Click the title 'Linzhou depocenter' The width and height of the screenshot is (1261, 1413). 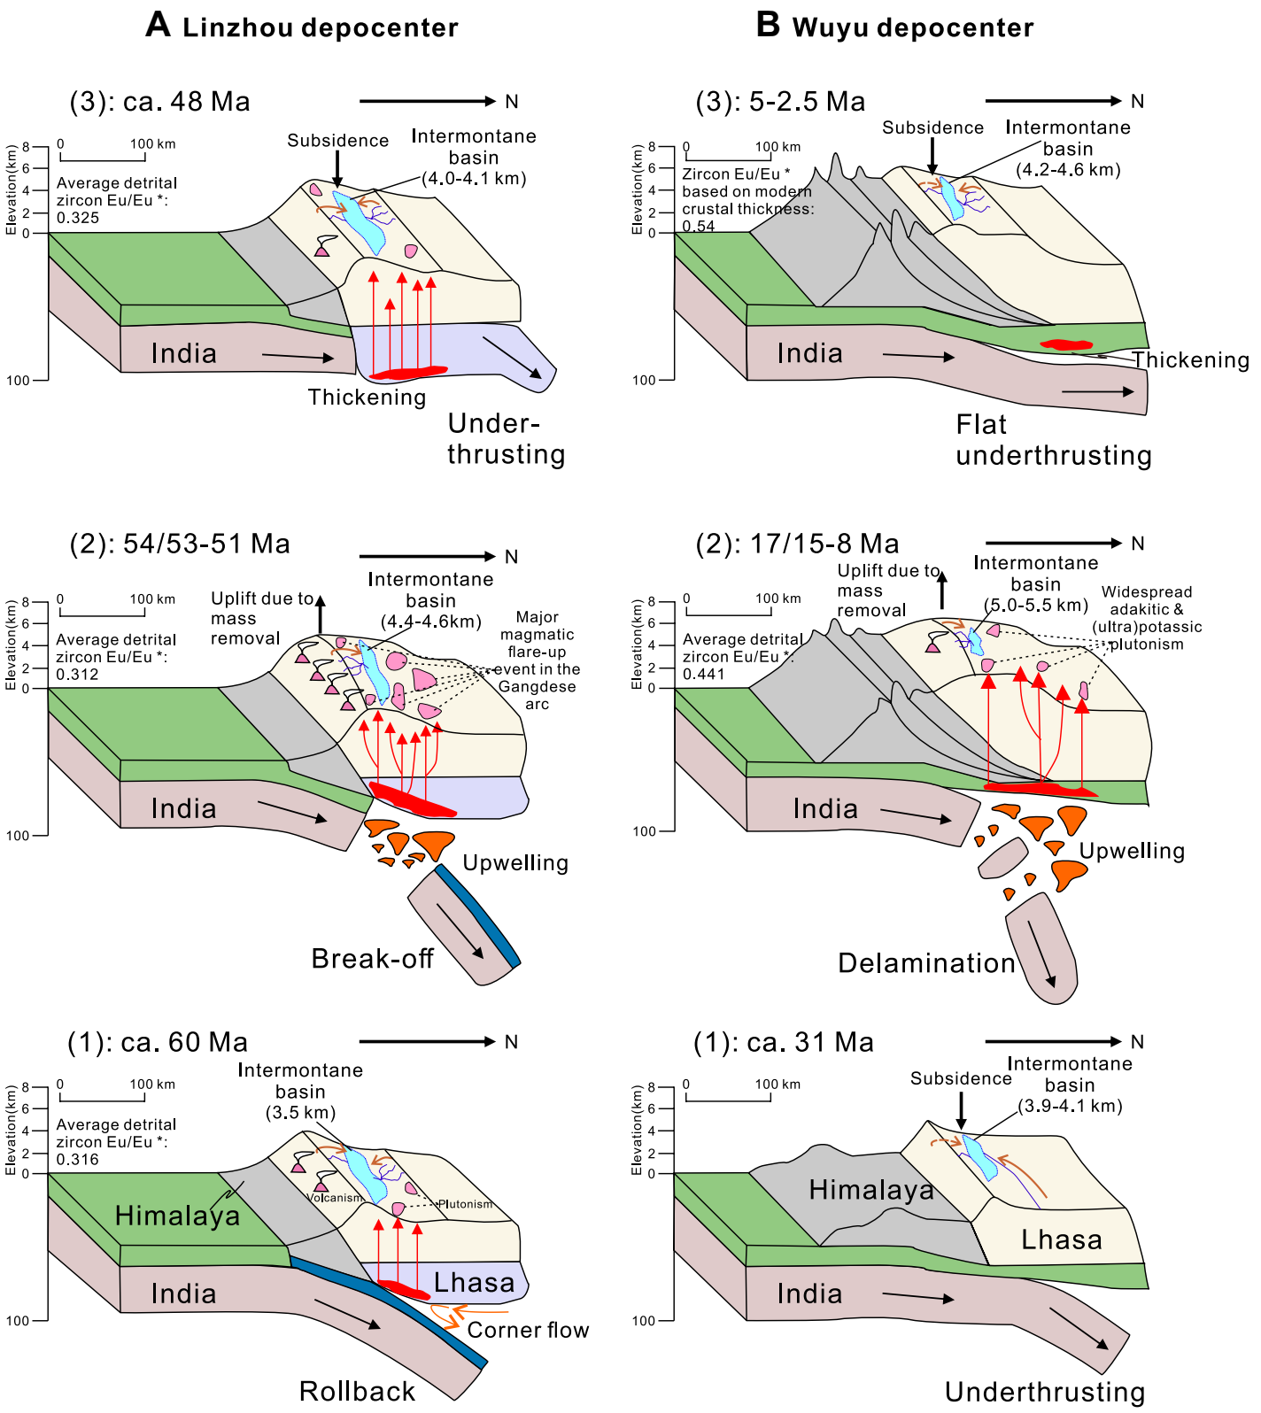(x=320, y=27)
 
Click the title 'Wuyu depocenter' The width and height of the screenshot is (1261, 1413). (x=912, y=27)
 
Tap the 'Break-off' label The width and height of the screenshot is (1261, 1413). (x=372, y=959)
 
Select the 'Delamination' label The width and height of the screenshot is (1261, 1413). (x=926, y=963)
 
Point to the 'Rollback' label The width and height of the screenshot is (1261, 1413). (x=357, y=1391)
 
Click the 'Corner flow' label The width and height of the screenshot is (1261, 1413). (x=528, y=1330)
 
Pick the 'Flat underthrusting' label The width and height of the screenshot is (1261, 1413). (x=1053, y=440)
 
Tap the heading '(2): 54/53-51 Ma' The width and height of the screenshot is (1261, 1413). (x=180, y=544)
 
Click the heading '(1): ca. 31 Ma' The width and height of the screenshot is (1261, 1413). (x=784, y=1042)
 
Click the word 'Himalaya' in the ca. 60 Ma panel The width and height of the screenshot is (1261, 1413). (x=177, y=1216)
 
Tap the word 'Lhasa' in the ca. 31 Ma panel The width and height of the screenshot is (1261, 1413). (x=1061, y=1239)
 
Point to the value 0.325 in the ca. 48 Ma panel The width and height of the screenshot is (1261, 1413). (x=78, y=218)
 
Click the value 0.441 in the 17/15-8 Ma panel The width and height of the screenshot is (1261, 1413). (x=704, y=675)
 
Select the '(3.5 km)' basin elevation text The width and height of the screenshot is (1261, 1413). (x=300, y=1113)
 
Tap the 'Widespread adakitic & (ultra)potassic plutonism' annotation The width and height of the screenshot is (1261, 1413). (x=1147, y=618)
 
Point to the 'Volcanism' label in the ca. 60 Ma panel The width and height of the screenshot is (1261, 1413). (x=334, y=1198)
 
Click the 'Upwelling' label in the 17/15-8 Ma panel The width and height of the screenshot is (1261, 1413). (x=1132, y=851)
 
